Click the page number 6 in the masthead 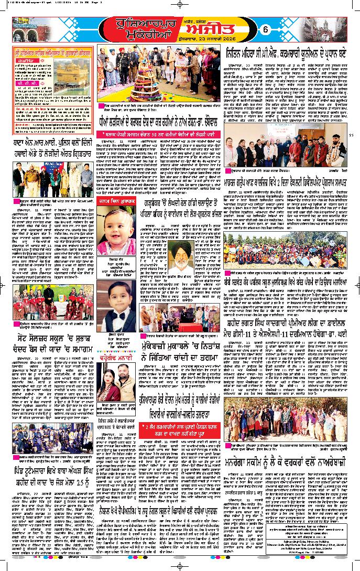(x=280, y=30)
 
